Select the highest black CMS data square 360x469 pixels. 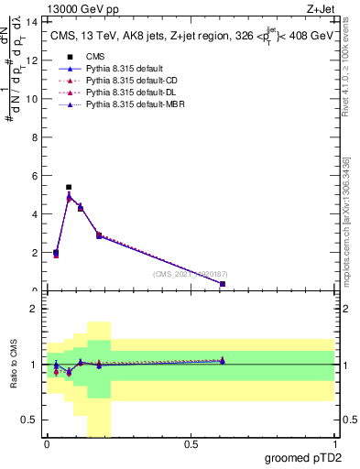click(x=69, y=187)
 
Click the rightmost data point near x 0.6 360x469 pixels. click(x=223, y=284)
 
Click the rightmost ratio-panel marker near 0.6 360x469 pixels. click(x=223, y=361)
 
